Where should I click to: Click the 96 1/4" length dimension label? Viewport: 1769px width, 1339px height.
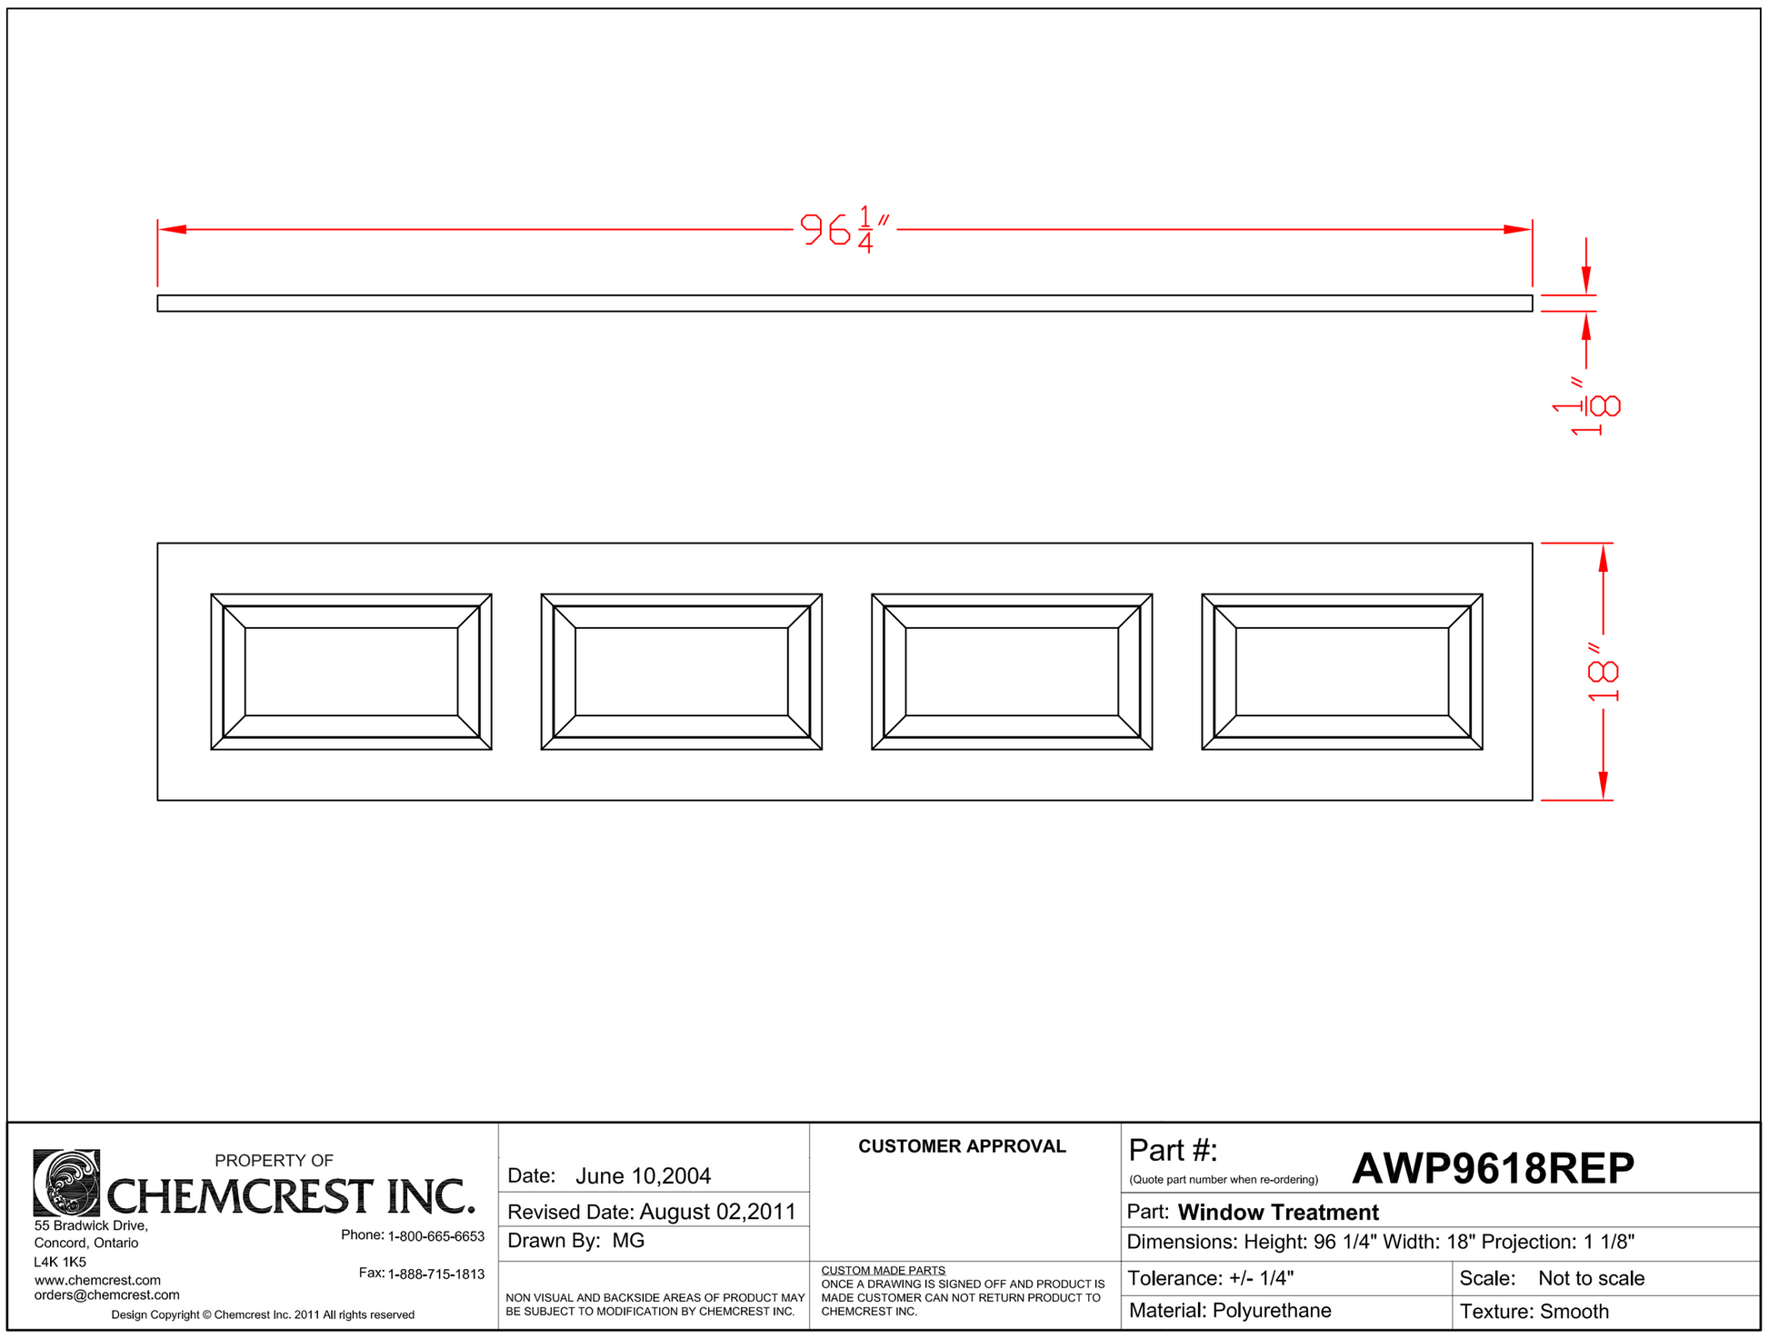point(845,230)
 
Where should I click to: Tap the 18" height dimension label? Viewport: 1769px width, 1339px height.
point(1603,672)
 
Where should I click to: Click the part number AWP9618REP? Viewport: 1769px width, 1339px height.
point(1493,1168)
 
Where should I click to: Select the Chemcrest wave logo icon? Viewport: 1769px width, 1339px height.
point(66,1183)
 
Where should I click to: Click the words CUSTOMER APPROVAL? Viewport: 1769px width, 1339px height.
point(962,1146)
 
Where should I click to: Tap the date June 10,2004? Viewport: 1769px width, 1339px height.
point(643,1176)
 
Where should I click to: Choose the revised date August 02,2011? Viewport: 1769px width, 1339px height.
point(717,1212)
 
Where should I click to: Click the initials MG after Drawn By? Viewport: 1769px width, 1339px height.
point(628,1241)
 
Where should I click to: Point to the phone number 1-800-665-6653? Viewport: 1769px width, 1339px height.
point(436,1236)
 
